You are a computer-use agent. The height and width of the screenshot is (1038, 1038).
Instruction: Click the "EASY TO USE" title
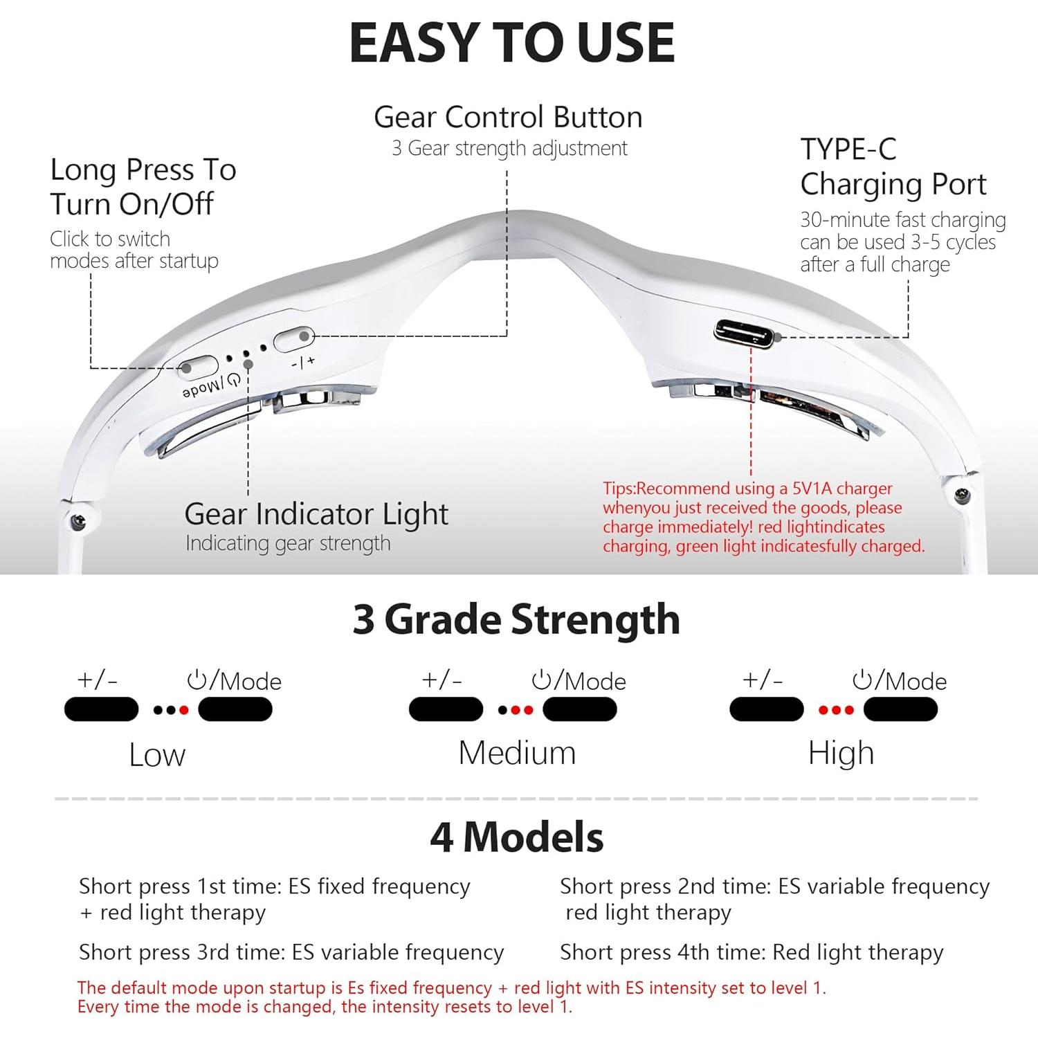pos(511,43)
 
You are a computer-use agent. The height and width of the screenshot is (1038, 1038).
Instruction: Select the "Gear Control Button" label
pos(508,117)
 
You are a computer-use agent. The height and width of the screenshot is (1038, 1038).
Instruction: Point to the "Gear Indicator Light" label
pos(316,514)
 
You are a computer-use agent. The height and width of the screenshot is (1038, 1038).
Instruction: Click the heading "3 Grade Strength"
pos(516,619)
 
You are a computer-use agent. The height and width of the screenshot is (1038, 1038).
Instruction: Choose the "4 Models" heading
pos(516,837)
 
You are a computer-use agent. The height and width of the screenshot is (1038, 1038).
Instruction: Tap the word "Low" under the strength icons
pos(157,755)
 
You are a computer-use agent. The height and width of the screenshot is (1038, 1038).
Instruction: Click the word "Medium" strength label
pos(517,753)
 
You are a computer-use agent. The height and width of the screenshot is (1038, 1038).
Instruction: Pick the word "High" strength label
pos(841,753)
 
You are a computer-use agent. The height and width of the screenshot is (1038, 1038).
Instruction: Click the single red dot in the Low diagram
pos(184,710)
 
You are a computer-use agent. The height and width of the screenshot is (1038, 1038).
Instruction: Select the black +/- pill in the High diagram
pos(767,709)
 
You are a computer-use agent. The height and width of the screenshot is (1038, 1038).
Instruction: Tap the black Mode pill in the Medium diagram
pos(580,709)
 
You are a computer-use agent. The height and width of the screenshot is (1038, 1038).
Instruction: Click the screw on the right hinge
pos(961,494)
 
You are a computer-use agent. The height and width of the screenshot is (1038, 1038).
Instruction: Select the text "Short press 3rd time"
pos(179,953)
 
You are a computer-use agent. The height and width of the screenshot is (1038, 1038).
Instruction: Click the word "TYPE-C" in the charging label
pos(848,149)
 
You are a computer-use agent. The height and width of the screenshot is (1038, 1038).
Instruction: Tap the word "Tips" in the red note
pos(618,489)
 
